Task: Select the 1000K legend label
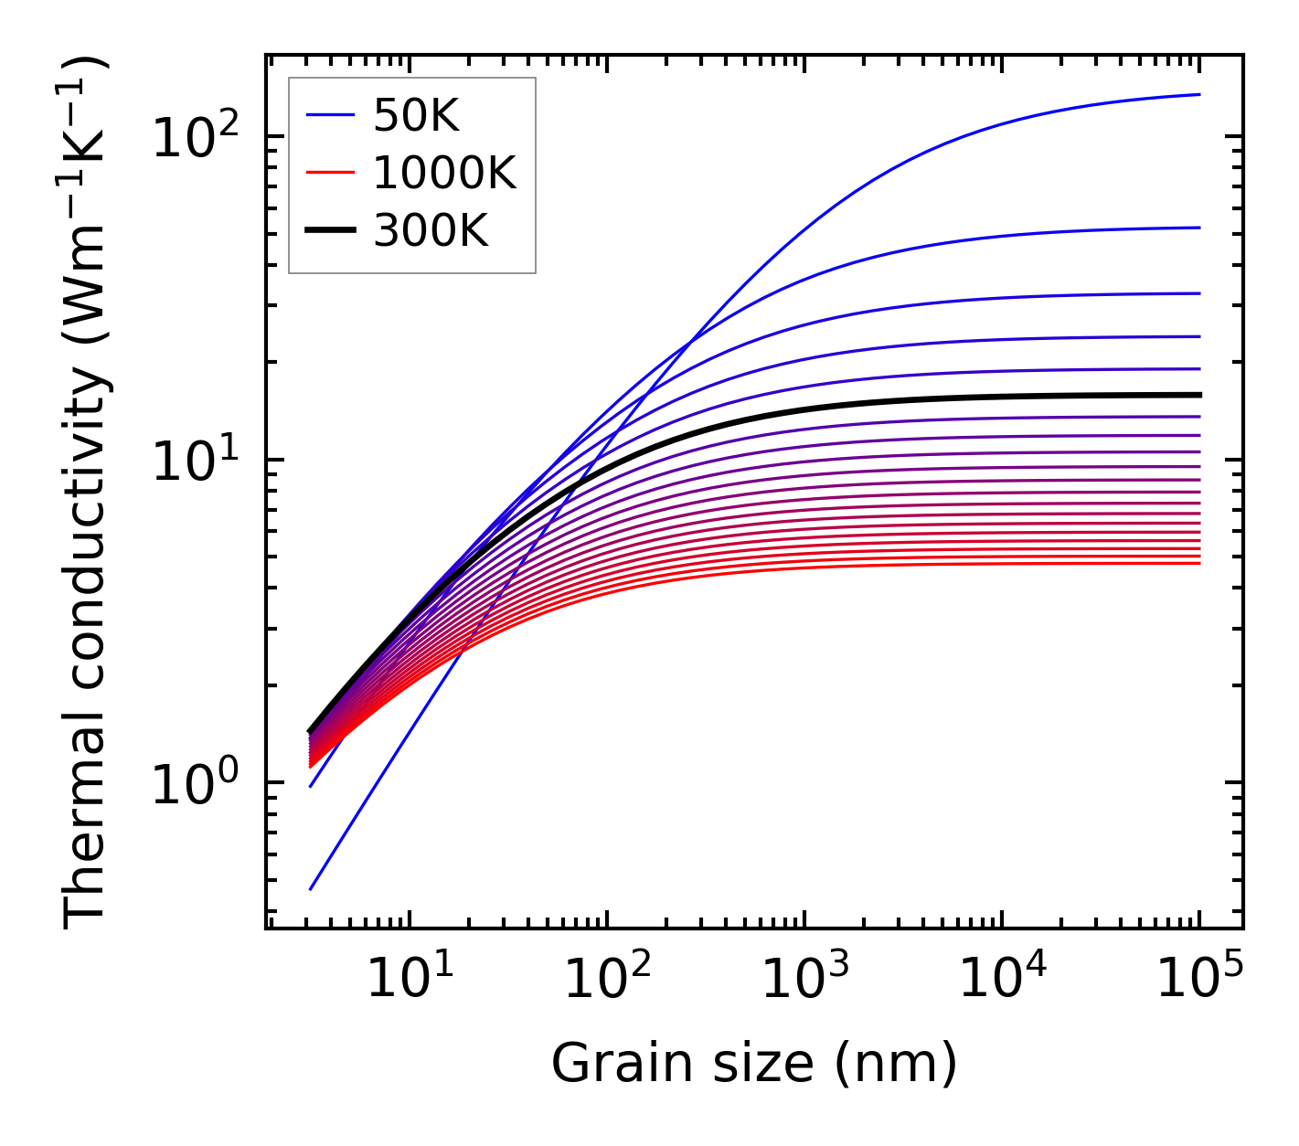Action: [x=444, y=173]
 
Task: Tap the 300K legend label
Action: [x=431, y=231]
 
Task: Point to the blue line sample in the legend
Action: [x=329, y=115]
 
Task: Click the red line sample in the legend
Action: [x=329, y=173]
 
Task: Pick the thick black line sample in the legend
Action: [x=329, y=231]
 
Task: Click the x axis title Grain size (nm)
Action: [x=754, y=1063]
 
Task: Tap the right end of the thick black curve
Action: [x=1199, y=395]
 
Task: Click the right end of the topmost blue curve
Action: [x=1199, y=94]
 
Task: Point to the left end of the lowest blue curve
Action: [x=311, y=889]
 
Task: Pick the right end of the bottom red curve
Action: [x=1199, y=563]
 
